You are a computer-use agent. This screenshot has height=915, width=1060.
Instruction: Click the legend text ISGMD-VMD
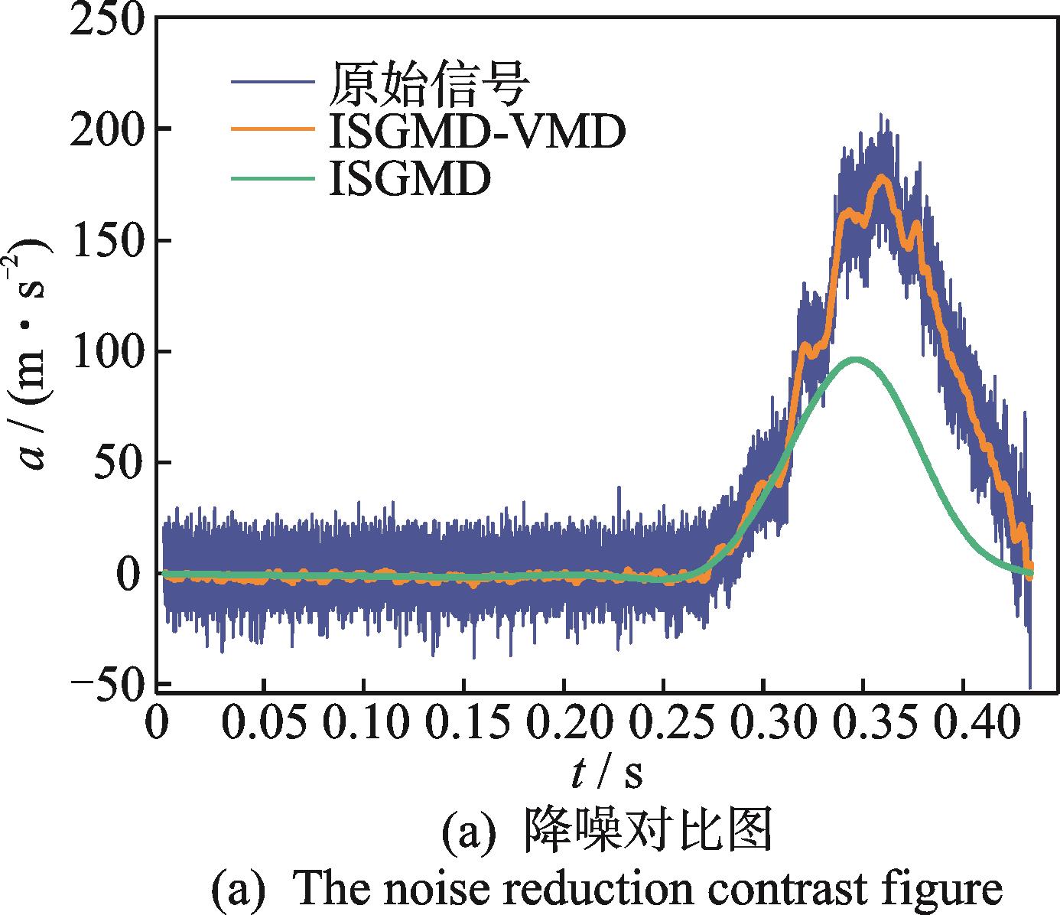click(x=477, y=132)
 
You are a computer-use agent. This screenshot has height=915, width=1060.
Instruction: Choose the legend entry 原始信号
click(x=428, y=83)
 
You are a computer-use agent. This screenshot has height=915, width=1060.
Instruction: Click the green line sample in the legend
click(x=272, y=179)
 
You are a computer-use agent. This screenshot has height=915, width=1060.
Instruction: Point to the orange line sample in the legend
click(x=272, y=130)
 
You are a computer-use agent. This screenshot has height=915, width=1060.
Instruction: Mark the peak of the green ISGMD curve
click(x=857, y=359)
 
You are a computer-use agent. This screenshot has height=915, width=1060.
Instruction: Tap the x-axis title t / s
click(x=606, y=775)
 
